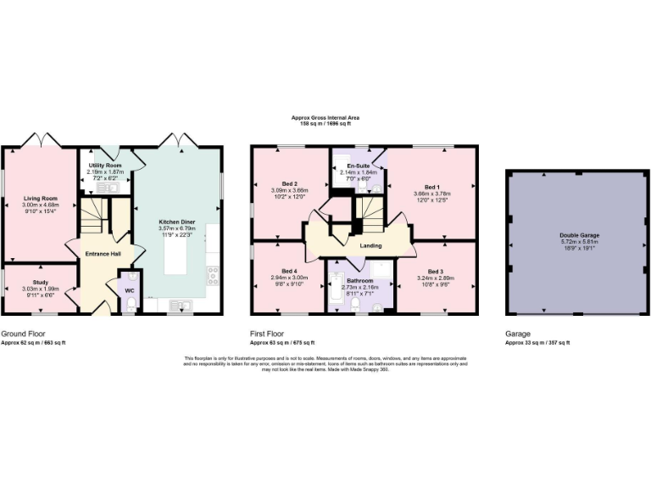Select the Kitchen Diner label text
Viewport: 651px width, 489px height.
[178, 223]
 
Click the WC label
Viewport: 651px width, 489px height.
[130, 290]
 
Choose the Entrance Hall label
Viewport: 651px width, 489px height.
[104, 253]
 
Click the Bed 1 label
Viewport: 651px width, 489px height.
[432, 187]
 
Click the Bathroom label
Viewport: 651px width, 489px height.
[360, 280]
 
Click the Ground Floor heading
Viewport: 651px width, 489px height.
[23, 334]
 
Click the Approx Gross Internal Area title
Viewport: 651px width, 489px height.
[325, 120]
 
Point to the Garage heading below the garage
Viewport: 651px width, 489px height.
[518, 334]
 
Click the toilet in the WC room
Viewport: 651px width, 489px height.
[130, 304]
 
